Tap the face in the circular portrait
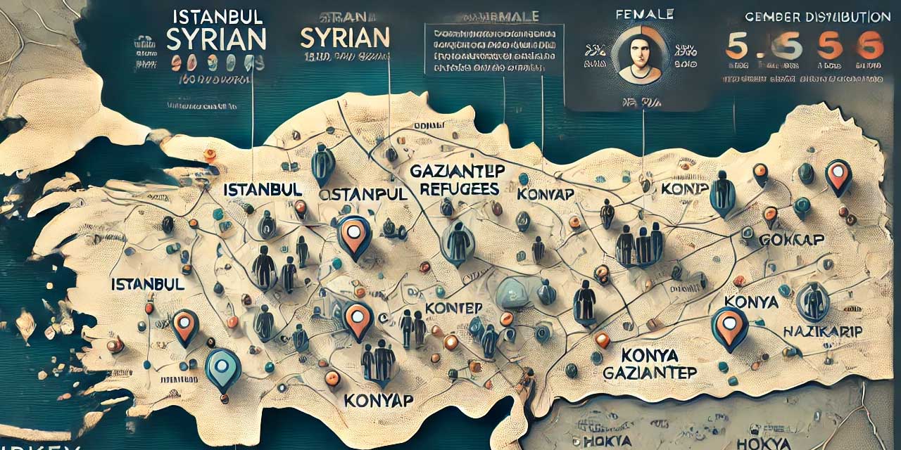click(x=639, y=56)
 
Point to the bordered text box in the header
click(x=494, y=49)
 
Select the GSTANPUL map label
click(x=363, y=194)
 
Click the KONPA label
click(x=683, y=188)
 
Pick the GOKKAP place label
click(x=792, y=240)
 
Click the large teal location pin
click(x=222, y=368)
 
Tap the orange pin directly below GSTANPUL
click(x=354, y=236)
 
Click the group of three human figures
click(x=639, y=244)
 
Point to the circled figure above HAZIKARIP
click(x=813, y=300)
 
